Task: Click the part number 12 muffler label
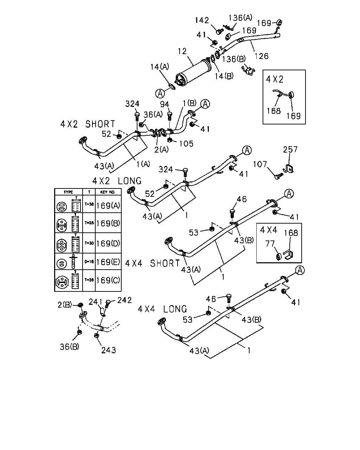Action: (182, 51)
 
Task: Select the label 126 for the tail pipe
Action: (262, 56)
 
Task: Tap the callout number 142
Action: (202, 20)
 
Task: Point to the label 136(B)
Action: (234, 59)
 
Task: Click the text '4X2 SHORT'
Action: (88, 124)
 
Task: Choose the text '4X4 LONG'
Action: (162, 309)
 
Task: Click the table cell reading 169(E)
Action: (108, 262)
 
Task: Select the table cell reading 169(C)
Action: (108, 280)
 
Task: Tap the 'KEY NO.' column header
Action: (108, 192)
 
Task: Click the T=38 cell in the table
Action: (89, 204)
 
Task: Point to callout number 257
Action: (290, 149)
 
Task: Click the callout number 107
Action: (260, 164)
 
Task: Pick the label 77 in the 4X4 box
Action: (270, 244)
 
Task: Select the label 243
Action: (109, 350)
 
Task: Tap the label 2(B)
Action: (65, 305)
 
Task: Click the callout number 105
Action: (186, 144)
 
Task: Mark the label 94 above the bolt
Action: (165, 104)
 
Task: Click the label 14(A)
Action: (160, 67)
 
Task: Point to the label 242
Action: (124, 300)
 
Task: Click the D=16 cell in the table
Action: (89, 261)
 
